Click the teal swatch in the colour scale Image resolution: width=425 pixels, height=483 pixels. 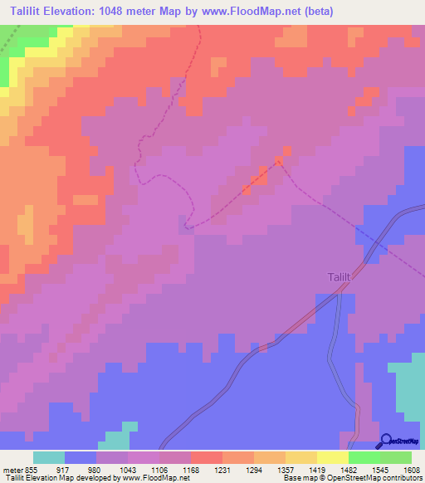point(49,457)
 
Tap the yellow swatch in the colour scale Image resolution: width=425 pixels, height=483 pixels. point(332,457)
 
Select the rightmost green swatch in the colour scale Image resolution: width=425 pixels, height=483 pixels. point(396,457)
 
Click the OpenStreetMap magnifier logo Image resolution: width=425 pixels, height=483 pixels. point(386,441)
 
